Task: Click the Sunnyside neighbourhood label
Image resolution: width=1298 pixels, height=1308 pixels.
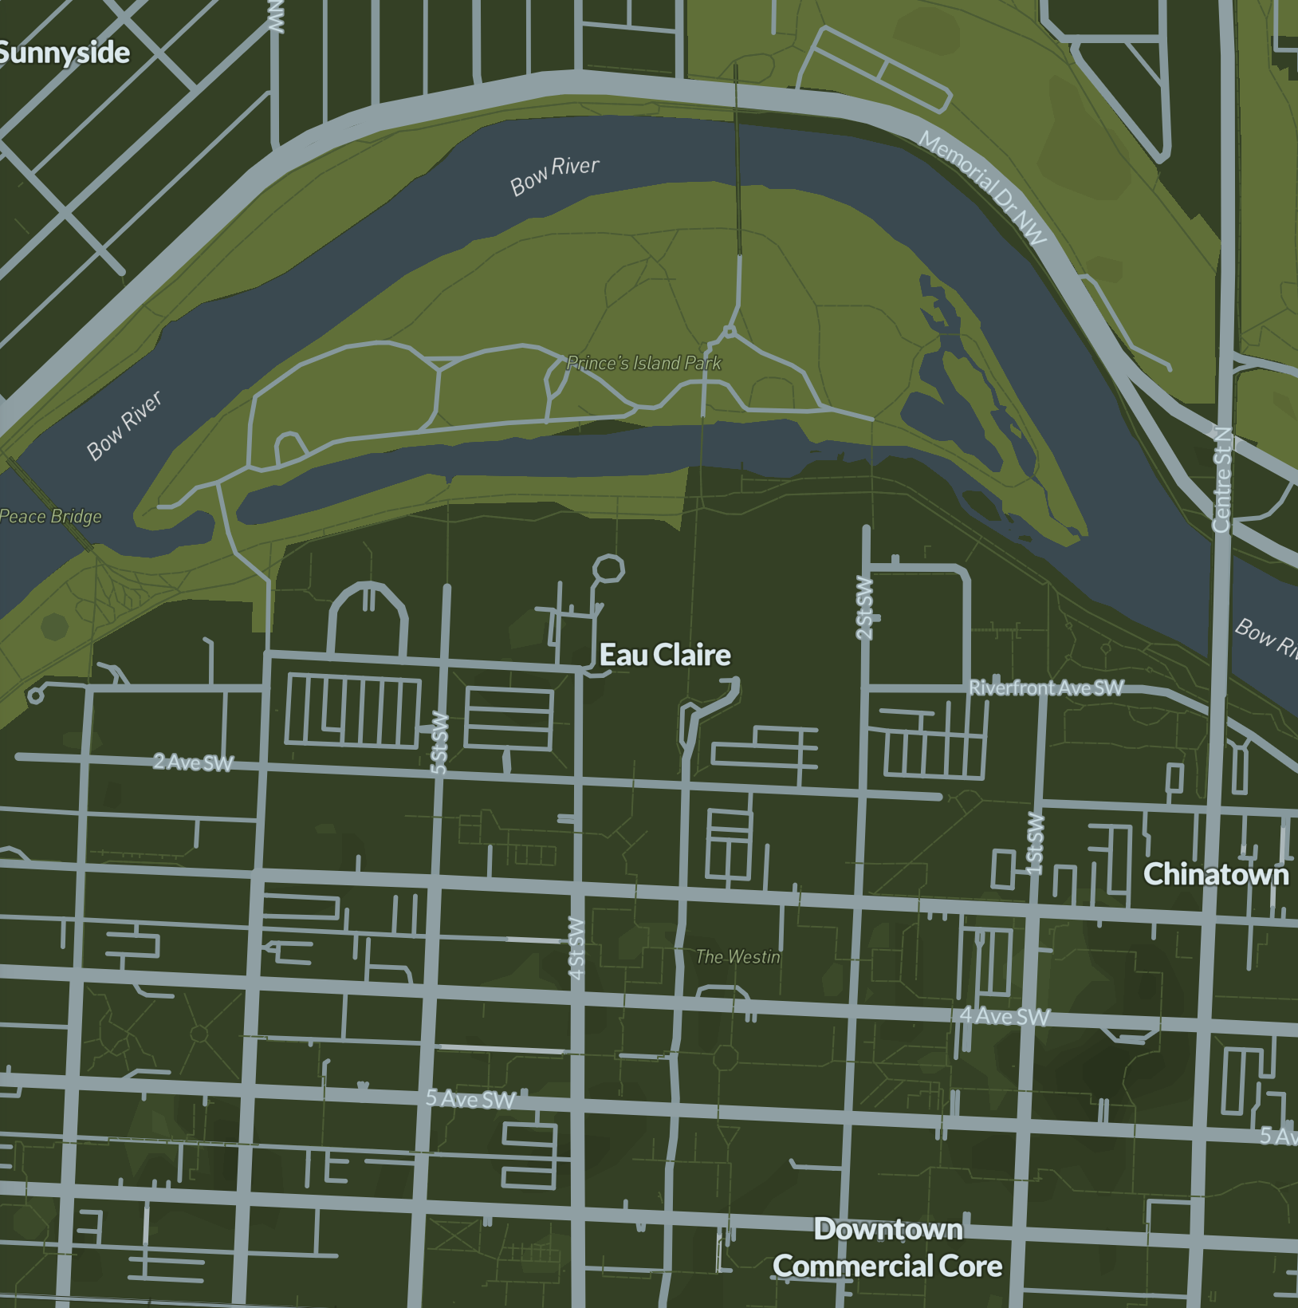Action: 64,53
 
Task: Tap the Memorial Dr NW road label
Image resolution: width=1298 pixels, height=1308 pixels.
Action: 982,188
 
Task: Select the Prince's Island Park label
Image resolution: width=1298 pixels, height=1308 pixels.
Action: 643,364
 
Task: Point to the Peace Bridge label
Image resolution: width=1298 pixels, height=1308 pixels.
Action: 51,516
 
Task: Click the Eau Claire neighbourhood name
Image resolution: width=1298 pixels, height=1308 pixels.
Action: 665,656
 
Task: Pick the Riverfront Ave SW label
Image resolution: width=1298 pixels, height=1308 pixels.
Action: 1045,687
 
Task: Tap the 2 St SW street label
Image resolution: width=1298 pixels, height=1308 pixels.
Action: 864,607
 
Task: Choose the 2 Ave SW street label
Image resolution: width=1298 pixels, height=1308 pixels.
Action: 193,762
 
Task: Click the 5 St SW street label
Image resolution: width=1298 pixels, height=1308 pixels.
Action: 439,743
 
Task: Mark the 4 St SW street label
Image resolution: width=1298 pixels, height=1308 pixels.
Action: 576,948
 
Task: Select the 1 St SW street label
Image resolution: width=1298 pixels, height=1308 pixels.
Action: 1035,843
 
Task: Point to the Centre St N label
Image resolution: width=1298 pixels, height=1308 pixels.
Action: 1221,479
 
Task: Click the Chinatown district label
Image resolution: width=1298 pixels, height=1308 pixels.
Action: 1215,875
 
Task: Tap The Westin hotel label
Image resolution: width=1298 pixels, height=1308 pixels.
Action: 737,957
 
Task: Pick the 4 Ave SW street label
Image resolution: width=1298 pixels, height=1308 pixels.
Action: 1005,1016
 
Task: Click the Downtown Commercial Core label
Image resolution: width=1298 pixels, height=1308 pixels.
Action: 887,1248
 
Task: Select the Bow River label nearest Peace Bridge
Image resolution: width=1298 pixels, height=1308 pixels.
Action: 124,425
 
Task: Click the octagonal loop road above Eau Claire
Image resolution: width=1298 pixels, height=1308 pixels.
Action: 608,569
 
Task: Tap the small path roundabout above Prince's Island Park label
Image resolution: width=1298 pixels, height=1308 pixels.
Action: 728,331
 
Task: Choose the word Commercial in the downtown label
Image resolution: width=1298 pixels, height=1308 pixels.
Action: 852,1267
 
